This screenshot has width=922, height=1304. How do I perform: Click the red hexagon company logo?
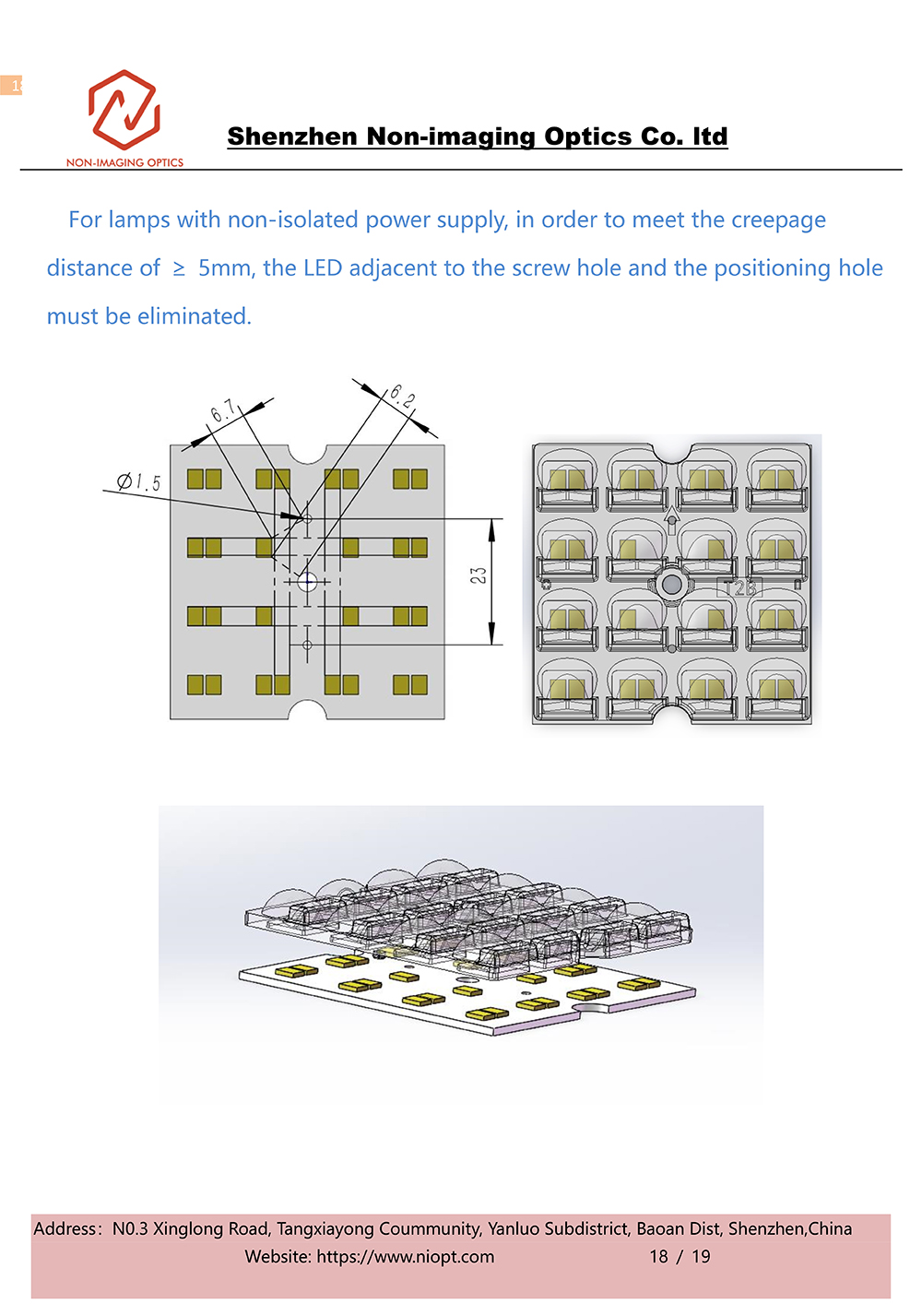(124, 110)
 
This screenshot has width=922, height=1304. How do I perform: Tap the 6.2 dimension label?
(402, 397)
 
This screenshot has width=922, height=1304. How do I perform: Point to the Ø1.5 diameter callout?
(139, 481)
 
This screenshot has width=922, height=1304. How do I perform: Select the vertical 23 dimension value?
(478, 575)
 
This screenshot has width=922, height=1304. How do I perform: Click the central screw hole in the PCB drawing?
(307, 581)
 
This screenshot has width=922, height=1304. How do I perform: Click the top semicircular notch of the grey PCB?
(307, 453)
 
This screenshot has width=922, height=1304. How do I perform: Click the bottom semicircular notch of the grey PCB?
(307, 711)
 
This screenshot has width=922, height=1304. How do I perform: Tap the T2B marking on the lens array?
(739, 588)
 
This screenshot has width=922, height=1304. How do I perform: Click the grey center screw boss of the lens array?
(672, 584)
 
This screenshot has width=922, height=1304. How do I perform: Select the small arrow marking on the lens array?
(671, 524)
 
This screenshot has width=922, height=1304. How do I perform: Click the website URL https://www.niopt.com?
(406, 1256)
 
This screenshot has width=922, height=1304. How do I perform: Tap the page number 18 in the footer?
(658, 1256)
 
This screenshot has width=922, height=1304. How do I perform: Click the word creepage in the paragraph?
(777, 220)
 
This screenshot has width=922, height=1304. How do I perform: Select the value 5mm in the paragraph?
(224, 268)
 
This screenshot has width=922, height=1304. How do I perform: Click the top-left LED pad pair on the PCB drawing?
(204, 479)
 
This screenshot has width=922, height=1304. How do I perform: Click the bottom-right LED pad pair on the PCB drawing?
(410, 684)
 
